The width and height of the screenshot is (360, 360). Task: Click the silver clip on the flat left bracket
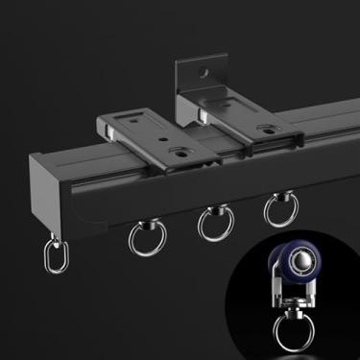pos(119,126)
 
